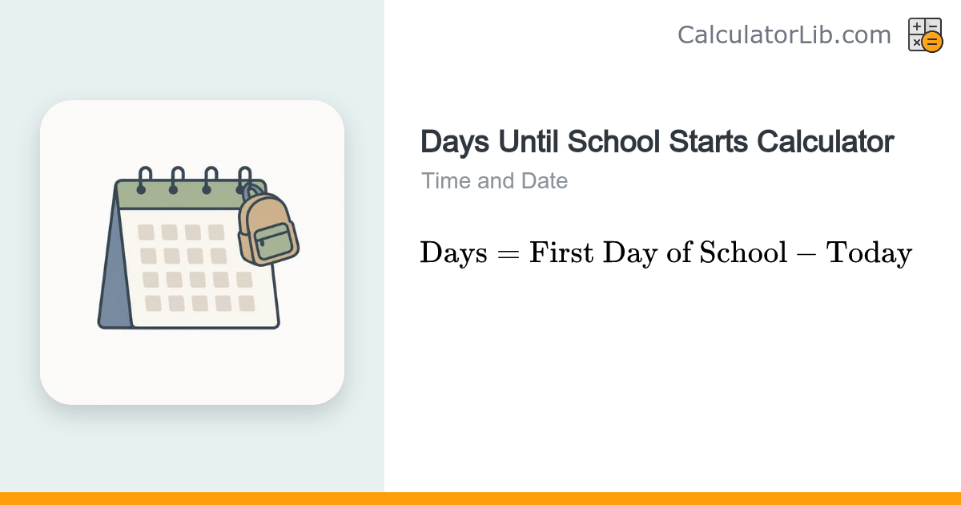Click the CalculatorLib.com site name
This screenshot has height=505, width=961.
(784, 34)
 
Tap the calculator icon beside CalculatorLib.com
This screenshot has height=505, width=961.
(926, 34)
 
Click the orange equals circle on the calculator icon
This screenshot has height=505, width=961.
(932, 42)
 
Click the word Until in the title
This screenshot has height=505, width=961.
(528, 141)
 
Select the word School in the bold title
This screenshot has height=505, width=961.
(613, 141)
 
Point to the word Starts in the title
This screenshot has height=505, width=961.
(708, 141)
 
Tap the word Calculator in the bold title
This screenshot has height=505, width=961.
(826, 141)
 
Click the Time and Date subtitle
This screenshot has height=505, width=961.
(494, 181)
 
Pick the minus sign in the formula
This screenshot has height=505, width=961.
(806, 253)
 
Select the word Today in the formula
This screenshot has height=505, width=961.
(869, 253)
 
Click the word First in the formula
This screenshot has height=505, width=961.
(561, 252)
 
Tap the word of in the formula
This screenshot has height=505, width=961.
(679, 252)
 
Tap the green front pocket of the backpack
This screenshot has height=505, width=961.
(273, 241)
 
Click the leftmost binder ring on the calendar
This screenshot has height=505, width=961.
(144, 180)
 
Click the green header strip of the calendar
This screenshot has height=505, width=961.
(180, 195)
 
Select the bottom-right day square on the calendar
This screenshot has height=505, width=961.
(247, 304)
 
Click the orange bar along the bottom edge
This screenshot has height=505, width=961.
(480, 499)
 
